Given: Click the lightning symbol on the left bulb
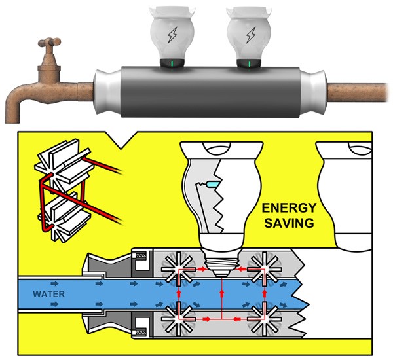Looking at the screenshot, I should tap(172, 34).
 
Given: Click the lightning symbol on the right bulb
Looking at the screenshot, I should tap(250, 34).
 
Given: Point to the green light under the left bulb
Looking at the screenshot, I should tap(172, 64).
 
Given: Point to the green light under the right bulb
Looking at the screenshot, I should tap(250, 64).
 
